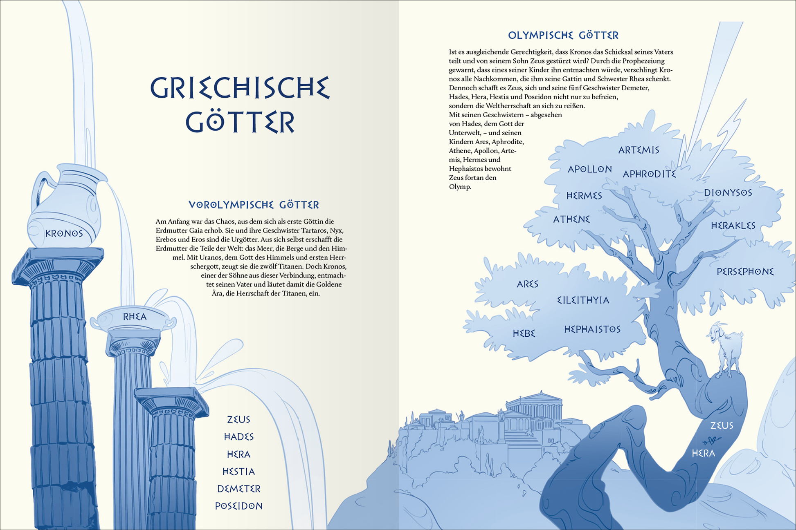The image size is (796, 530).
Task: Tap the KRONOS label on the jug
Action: [x=64, y=234]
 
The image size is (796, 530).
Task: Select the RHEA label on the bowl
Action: [x=135, y=317]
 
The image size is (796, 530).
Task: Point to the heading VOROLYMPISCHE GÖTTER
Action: [x=254, y=205]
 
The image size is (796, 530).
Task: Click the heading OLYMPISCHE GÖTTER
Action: [x=563, y=36]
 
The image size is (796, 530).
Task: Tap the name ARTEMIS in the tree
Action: [x=639, y=150]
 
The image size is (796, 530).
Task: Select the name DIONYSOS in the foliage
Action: [x=728, y=193]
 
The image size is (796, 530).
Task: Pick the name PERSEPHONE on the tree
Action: [x=745, y=272]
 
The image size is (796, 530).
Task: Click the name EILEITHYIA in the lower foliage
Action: [x=583, y=300]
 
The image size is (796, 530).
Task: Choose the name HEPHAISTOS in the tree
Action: [x=592, y=329]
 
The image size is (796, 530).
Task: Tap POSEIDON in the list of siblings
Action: [x=238, y=506]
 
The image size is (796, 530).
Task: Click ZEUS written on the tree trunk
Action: [x=722, y=426]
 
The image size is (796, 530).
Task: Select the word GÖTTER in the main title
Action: [x=240, y=121]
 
